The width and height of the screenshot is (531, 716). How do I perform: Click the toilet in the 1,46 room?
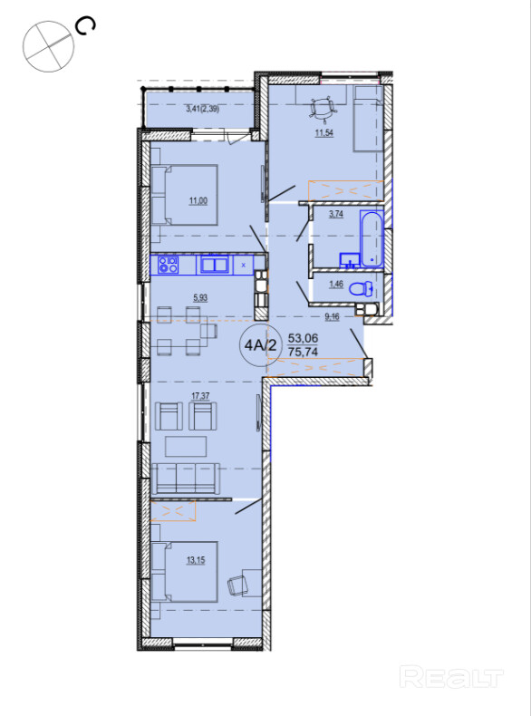(x=362, y=289)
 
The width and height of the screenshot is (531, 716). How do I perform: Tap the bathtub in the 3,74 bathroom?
(x=372, y=238)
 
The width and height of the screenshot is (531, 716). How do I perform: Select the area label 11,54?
(x=322, y=134)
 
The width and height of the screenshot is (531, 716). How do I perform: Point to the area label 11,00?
(x=198, y=200)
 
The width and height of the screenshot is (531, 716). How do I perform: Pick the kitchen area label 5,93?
(x=200, y=298)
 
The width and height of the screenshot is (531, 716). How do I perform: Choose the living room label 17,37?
(x=201, y=396)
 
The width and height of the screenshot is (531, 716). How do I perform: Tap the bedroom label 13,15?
(x=196, y=560)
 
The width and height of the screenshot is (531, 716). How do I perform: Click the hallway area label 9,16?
(x=332, y=316)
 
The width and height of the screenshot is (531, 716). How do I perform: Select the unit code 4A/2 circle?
(x=260, y=344)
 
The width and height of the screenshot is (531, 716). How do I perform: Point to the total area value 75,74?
(x=304, y=352)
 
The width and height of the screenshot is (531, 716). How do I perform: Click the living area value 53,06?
(x=304, y=338)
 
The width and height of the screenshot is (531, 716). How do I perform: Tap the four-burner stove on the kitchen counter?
(x=168, y=265)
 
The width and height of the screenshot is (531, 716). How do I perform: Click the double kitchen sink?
(x=214, y=266)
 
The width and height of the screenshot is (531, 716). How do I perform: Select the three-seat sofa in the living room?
(x=186, y=479)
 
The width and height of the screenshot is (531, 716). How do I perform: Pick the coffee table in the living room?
(x=186, y=446)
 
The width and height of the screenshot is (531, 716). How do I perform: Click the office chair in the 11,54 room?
(x=323, y=109)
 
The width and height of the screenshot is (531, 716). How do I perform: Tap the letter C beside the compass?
(x=86, y=26)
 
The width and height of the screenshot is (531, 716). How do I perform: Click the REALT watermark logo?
(x=451, y=677)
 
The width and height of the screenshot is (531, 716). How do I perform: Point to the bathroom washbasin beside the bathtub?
(x=349, y=260)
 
